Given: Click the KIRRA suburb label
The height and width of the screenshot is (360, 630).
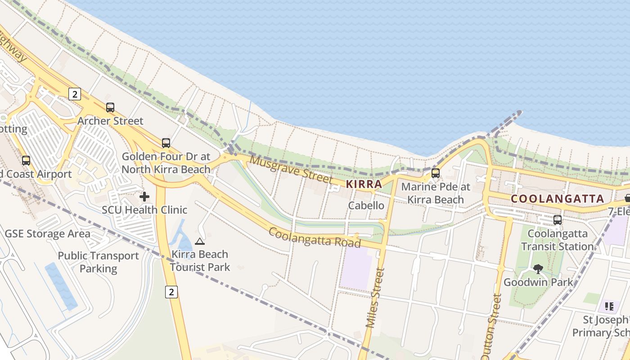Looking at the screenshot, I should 364,184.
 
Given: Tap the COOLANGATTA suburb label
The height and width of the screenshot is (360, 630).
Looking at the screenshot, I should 557,198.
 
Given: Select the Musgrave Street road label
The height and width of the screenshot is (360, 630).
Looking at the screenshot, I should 291,169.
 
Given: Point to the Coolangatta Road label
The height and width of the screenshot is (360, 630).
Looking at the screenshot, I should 315,237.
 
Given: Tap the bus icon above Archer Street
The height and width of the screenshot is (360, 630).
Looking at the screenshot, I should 110,108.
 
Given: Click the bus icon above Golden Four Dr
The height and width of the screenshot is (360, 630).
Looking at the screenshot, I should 166,143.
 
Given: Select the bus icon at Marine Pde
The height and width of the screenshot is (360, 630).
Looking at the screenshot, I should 435,173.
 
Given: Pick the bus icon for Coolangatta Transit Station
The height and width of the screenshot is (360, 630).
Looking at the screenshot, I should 558,220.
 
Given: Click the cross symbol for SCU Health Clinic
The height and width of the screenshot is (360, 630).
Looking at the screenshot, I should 144,197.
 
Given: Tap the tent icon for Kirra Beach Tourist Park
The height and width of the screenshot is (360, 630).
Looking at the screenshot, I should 200,242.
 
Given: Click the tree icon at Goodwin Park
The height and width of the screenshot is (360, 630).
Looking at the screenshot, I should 538,269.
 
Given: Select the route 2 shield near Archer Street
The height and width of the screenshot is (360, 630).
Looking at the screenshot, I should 75,94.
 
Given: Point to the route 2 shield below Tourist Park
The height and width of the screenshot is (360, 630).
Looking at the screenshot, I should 171,292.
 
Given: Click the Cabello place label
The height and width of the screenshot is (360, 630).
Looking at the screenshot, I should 366,206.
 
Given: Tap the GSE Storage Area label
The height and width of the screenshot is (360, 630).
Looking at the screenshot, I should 47,234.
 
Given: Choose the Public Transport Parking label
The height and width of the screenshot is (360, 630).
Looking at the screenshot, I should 98,262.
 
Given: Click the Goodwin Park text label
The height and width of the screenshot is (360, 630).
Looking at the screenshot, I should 538,283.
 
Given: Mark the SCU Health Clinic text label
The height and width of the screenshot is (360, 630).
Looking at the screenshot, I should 144,210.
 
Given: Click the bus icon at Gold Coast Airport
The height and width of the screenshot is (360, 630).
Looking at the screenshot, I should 26,161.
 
